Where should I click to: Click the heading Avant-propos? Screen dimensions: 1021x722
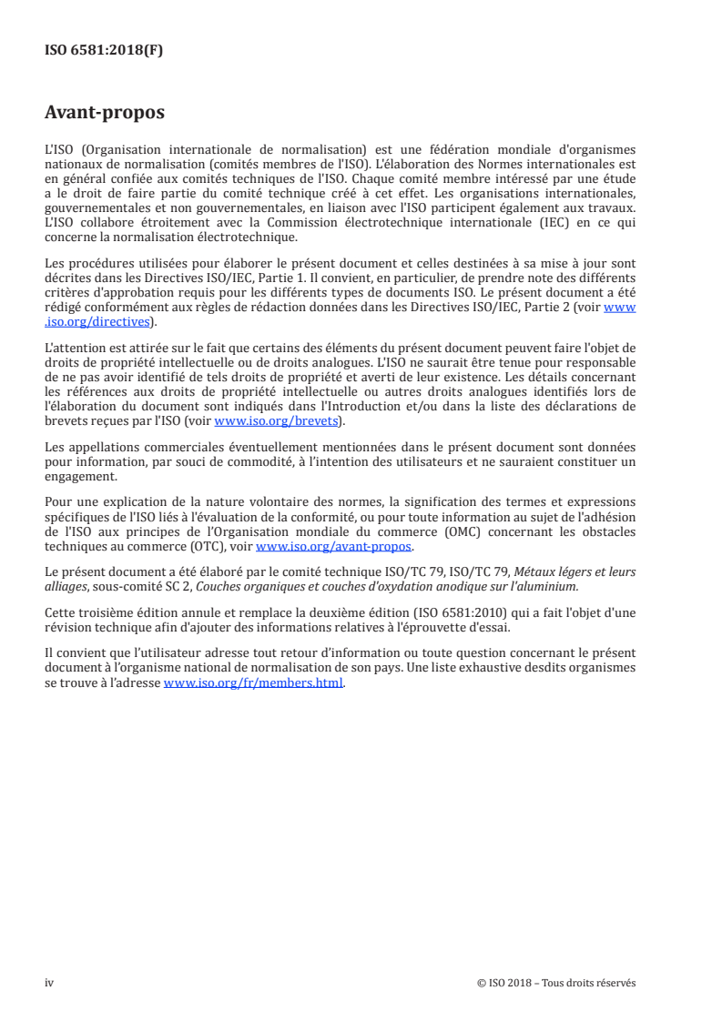point(105,114)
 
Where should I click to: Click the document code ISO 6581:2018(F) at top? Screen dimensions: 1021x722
point(104,50)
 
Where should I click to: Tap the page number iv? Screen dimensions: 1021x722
point(49,983)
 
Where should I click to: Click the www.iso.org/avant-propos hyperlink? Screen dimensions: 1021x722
point(334,547)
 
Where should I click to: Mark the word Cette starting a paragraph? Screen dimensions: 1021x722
point(60,613)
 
